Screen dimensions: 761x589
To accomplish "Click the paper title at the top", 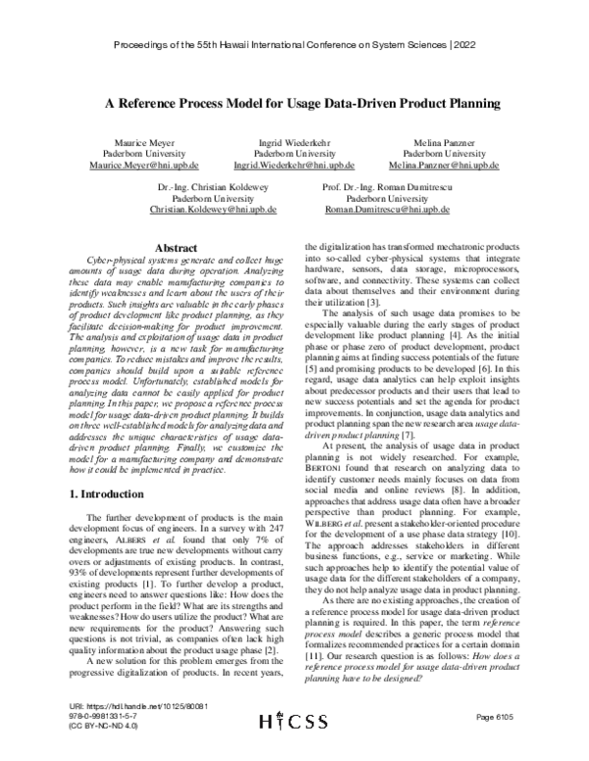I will pyautogui.click(x=295, y=102).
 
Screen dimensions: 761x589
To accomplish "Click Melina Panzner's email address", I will pyautogui.click(x=443, y=166).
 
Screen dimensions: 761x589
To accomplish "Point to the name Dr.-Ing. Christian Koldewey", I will pyautogui.click(x=213, y=186).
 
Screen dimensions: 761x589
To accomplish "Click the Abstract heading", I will pyautogui.click(x=171, y=249).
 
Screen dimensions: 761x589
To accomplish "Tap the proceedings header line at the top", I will pyautogui.click(x=295, y=46).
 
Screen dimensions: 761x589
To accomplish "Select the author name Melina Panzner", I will pyautogui.click(x=443, y=142).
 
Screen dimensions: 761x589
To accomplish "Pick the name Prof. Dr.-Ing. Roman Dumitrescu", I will pyautogui.click(x=377, y=186).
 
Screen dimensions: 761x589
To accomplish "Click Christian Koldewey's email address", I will pyautogui.click(x=213, y=210).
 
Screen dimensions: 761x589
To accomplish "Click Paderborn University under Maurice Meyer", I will pyautogui.click(x=138, y=154).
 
